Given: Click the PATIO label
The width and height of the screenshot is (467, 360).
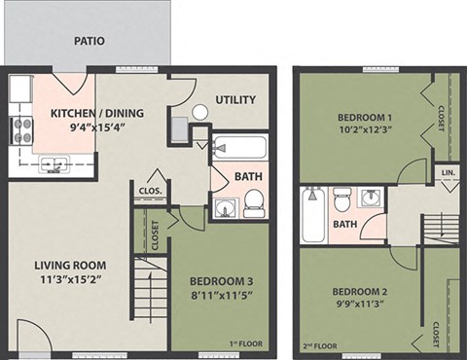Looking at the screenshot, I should (89, 42).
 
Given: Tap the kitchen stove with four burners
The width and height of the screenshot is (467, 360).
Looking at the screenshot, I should (21, 130).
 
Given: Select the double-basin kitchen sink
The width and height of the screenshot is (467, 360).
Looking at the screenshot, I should (54, 165).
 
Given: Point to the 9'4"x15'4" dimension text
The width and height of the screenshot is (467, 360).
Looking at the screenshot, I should (96, 127).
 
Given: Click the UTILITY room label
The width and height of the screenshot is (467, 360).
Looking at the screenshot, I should (235, 99).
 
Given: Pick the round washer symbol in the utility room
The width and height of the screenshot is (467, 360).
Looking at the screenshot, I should (200, 112).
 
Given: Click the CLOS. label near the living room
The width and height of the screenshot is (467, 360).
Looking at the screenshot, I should (151, 190).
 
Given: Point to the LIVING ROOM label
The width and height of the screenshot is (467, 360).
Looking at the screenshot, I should (70, 265).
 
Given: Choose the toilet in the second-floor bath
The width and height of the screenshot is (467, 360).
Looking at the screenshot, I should (341, 201).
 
